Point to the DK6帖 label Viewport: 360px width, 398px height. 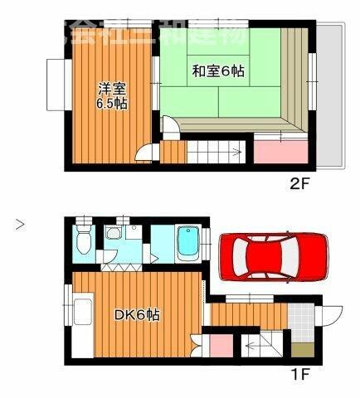coord(137,316)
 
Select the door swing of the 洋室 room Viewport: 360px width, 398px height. coord(148,154)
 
